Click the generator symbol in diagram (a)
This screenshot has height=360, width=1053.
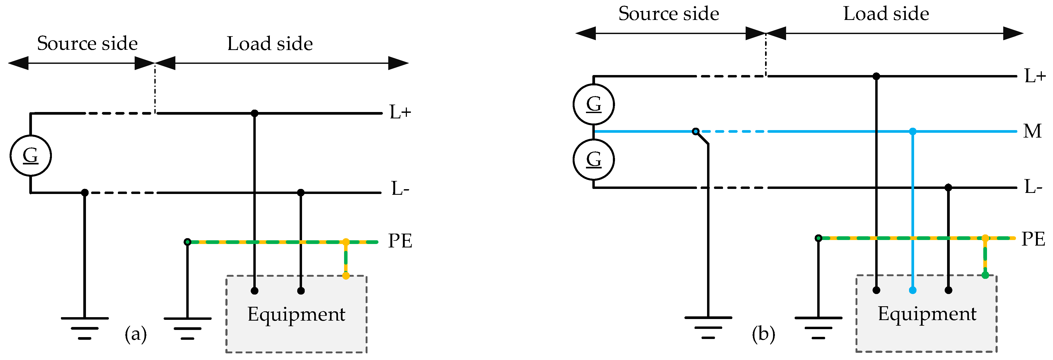[31, 156]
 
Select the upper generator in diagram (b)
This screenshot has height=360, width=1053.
[593, 104]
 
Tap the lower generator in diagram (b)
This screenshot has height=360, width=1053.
[593, 159]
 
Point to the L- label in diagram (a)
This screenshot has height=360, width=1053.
[400, 189]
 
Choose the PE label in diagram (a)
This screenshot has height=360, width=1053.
[400, 241]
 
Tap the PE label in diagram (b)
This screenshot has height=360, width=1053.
[1033, 239]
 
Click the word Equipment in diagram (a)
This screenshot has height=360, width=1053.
[296, 315]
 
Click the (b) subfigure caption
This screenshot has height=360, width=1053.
[763, 334]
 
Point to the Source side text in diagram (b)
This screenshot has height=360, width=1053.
[668, 14]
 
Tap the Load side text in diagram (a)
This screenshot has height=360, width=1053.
[270, 44]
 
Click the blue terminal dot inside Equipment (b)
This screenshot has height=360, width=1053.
[913, 290]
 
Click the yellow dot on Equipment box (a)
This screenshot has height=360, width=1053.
[346, 276]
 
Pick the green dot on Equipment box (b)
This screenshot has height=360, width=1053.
[985, 275]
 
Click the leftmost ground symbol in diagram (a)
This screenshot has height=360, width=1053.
[85, 327]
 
